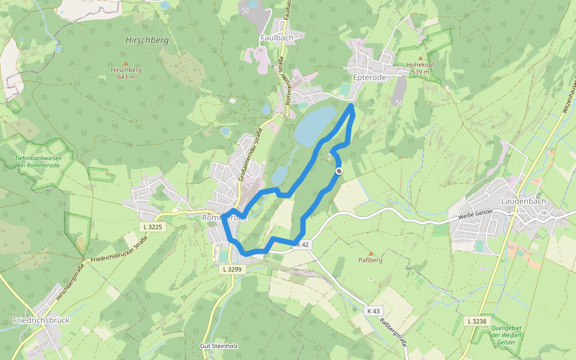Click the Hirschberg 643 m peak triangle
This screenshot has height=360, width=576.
point(126,63)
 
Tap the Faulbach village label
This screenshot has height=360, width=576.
point(277,37)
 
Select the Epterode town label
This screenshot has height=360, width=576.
point(369,77)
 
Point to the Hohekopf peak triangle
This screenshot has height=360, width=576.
point(420,58)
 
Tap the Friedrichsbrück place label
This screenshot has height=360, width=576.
point(41,320)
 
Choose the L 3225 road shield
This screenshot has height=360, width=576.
point(154,227)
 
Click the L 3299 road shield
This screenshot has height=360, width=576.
point(232,269)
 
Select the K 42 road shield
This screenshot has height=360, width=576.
point(302,244)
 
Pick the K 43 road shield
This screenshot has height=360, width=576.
point(373,311)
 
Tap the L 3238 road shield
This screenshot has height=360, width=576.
point(477,321)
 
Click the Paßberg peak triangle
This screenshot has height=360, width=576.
point(370,253)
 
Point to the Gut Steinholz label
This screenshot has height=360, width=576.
point(219,346)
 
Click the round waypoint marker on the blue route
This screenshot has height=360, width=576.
point(339,172)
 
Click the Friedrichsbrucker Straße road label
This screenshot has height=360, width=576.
point(116,251)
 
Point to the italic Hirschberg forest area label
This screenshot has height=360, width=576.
point(147,40)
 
